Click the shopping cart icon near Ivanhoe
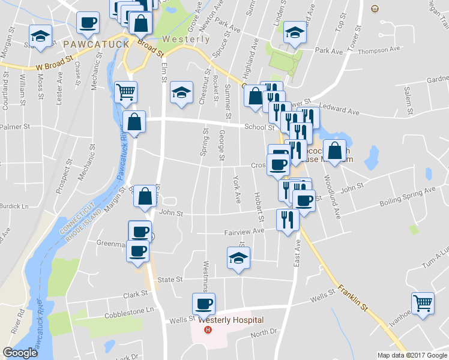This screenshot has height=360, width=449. (x=423, y=303)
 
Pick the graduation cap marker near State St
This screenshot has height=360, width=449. (x=238, y=259)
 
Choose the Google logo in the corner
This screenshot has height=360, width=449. (x=20, y=353)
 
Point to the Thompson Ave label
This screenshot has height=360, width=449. (x=378, y=51)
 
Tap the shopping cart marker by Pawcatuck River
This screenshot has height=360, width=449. (x=126, y=92)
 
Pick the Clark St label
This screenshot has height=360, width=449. (x=135, y=295)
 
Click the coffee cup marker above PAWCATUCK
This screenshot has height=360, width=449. (x=88, y=22)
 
